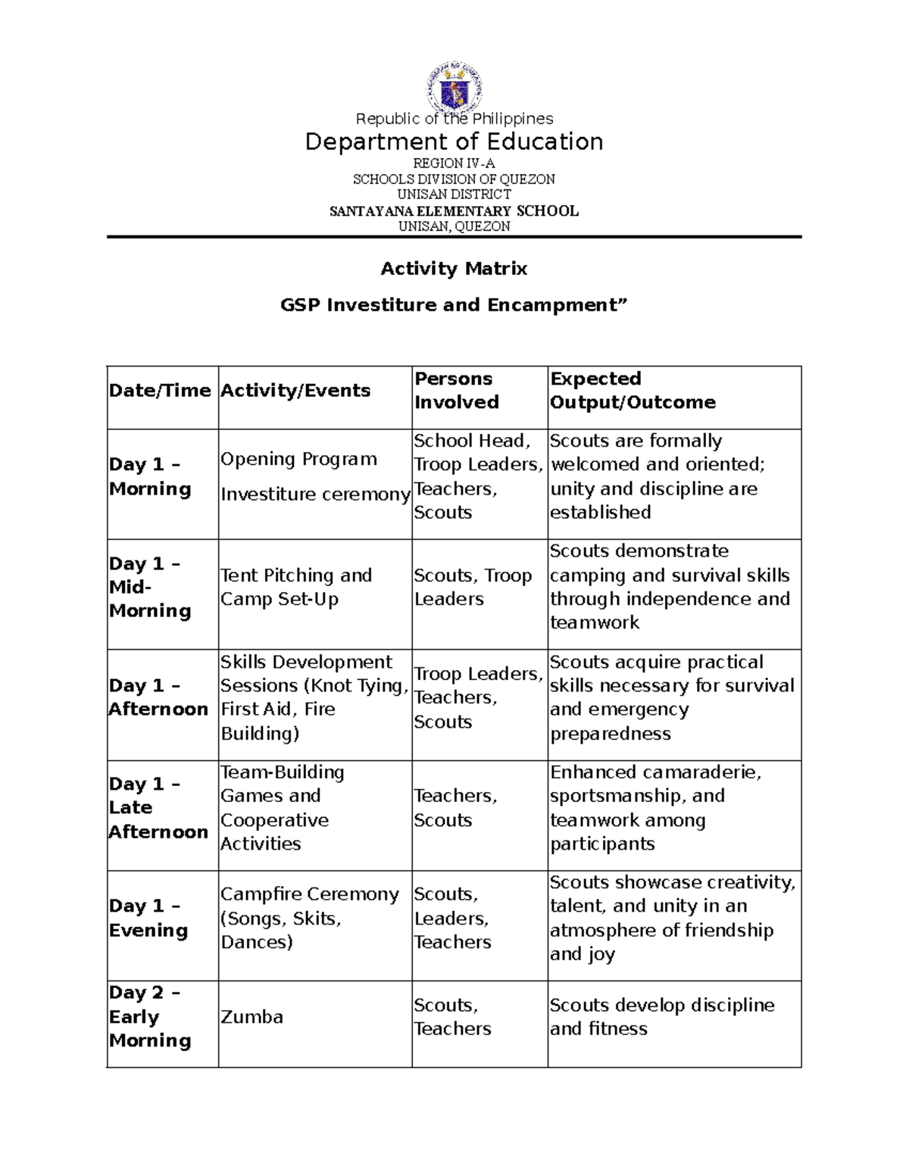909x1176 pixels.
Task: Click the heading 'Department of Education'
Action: [x=454, y=142]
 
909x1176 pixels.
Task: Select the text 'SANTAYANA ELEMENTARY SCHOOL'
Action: [x=454, y=211]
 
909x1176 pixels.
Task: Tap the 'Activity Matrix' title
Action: [x=454, y=269]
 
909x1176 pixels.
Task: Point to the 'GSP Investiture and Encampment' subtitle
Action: [x=454, y=305]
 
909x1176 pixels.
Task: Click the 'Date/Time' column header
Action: [x=160, y=391]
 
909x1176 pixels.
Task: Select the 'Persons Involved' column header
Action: [x=456, y=391]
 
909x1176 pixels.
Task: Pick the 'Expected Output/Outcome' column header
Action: [x=633, y=391]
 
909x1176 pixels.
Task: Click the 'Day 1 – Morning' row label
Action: [x=150, y=476]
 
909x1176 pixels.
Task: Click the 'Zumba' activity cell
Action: [x=251, y=1017]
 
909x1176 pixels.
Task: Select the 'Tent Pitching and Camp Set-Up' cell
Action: [x=296, y=587]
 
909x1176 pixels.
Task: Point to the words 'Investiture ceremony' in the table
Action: [x=315, y=494]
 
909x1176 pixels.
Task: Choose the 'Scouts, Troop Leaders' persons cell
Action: [x=473, y=587]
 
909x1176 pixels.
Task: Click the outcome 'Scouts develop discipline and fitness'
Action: [x=662, y=1016]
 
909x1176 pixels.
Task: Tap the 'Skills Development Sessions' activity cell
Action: [x=314, y=697]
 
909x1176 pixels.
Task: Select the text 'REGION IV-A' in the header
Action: [x=454, y=164]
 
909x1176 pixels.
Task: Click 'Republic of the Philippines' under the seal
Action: [x=454, y=119]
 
